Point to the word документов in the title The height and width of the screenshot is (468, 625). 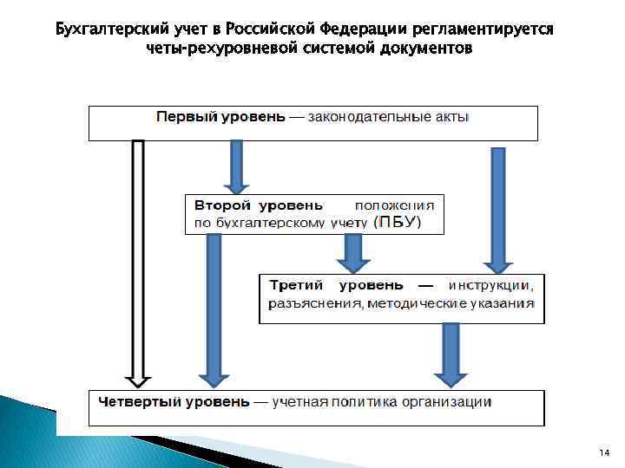(429, 49)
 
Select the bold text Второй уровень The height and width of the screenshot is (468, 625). (258, 206)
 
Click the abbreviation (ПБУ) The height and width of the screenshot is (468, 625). (398, 223)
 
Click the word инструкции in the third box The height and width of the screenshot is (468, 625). (491, 285)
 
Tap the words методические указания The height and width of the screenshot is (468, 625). (451, 303)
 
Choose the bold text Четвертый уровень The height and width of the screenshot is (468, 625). (174, 402)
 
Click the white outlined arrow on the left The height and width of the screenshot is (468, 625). (138, 260)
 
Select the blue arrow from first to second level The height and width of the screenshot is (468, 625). (236, 166)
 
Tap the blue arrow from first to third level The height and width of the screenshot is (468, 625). (497, 208)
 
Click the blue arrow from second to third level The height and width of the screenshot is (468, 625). (352, 253)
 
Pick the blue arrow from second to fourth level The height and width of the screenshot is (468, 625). (213, 308)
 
